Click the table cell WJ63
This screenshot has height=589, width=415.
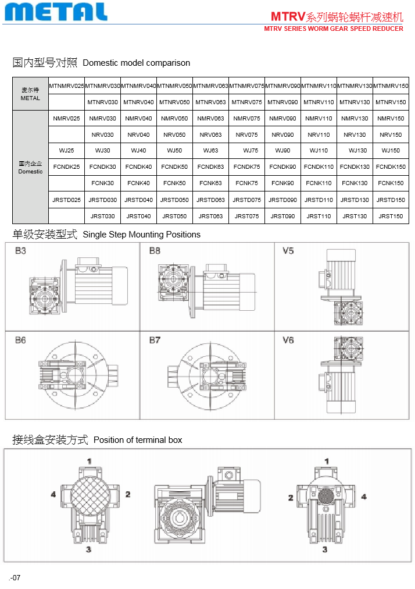[x=210, y=151]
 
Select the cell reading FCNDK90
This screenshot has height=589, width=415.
[x=282, y=167]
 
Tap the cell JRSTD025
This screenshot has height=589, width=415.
[x=66, y=200]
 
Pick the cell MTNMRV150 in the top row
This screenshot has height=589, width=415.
[x=391, y=86]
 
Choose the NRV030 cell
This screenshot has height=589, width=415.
[x=102, y=135]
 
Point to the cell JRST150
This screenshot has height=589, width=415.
[x=391, y=217]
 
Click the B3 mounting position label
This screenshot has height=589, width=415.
[x=20, y=251]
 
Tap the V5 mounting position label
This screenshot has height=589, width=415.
[x=288, y=251]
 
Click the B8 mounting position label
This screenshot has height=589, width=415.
[x=155, y=251]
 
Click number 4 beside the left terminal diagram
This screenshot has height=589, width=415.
[x=53, y=494]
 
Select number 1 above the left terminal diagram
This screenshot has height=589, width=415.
[x=90, y=461]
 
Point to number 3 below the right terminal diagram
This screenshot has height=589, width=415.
[x=325, y=549]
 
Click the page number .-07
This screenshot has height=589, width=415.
[x=15, y=578]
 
